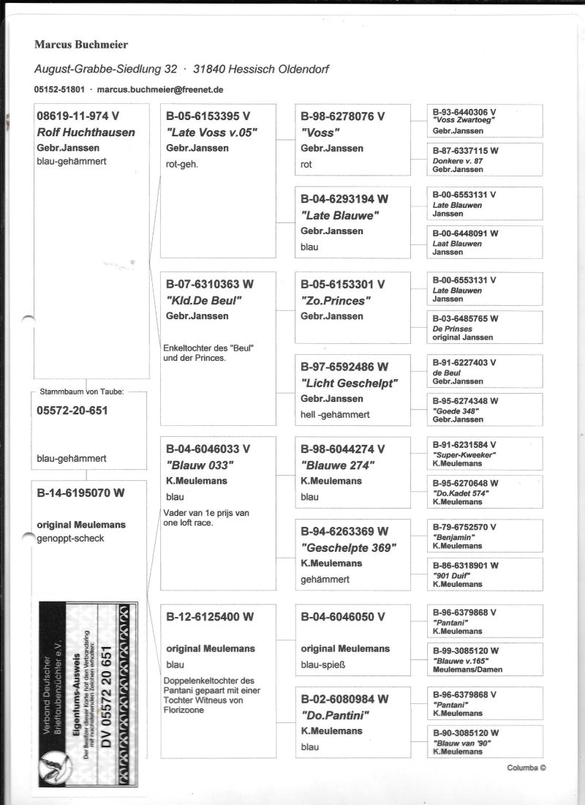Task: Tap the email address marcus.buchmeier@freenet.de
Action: (159, 89)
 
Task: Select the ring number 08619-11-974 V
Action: (78, 116)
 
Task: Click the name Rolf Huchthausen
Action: (86, 132)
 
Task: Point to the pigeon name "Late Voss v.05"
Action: (211, 132)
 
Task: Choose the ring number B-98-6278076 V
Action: (342, 116)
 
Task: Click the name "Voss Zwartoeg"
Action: (464, 119)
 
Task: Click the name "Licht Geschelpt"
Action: (349, 383)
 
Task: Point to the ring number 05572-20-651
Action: (72, 411)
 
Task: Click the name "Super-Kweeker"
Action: (464, 454)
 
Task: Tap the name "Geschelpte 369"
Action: (348, 547)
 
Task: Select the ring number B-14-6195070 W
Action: (80, 493)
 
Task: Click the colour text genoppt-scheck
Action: (70, 538)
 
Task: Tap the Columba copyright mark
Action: (526, 768)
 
